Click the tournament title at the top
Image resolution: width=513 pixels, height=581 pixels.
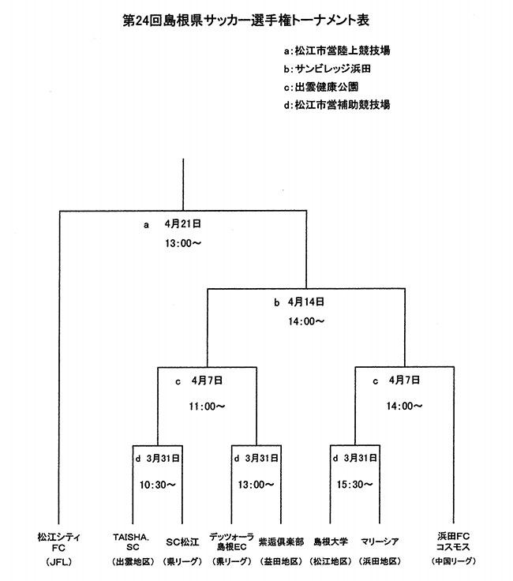[247, 17]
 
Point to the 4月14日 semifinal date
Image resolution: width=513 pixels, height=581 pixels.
[306, 302]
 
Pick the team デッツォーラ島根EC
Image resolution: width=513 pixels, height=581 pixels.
[232, 542]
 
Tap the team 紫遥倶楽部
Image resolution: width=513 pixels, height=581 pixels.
[282, 542]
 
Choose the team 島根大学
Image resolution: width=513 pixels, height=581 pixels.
[331, 542]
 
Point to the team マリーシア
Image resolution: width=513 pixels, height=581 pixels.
[379, 542]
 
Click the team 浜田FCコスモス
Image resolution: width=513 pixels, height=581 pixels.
[453, 542]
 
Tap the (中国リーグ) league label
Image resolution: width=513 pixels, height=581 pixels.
[453, 561]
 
